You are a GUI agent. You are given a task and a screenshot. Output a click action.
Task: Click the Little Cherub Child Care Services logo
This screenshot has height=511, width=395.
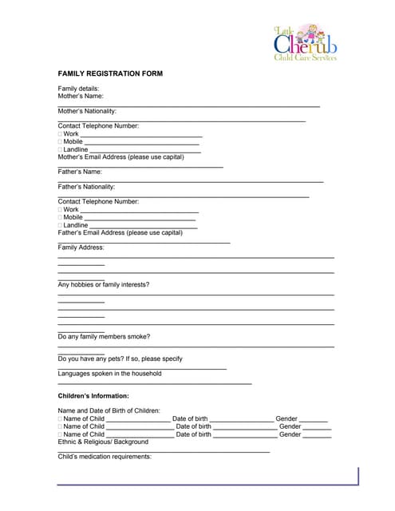point(306,42)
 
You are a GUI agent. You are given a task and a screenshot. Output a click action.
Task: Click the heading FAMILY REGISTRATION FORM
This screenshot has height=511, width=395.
point(110,73)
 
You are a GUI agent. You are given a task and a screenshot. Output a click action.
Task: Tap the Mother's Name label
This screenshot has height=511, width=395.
point(81,96)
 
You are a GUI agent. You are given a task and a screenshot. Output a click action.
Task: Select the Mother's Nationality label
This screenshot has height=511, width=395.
point(87,111)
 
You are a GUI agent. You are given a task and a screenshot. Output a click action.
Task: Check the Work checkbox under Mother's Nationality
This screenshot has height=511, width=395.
point(60,134)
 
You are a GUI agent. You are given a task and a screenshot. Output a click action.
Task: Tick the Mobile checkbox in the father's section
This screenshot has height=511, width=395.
point(60,217)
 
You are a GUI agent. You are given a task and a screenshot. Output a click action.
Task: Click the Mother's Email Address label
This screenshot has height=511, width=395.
point(120,156)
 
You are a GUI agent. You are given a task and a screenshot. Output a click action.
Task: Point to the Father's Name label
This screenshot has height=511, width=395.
point(80,172)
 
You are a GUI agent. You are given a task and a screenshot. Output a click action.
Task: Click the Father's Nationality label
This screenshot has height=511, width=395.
point(86,187)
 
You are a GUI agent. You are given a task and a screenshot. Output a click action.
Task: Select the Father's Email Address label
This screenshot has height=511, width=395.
point(120,232)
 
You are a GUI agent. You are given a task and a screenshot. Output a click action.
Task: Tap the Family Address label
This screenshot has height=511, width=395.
point(81,248)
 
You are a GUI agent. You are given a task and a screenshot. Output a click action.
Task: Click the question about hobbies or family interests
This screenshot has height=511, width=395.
point(104,284)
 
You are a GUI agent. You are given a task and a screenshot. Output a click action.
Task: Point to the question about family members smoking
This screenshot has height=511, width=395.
point(104,337)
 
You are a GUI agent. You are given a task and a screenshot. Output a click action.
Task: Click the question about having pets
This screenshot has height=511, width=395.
point(120,358)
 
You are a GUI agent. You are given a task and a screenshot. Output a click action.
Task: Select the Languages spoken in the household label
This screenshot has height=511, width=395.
point(109,374)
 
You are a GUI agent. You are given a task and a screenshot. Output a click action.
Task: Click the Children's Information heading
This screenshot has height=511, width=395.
point(93,396)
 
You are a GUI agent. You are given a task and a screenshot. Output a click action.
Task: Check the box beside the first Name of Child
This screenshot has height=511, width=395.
point(60,419)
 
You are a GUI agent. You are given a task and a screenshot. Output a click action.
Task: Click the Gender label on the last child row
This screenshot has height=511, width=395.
point(290,434)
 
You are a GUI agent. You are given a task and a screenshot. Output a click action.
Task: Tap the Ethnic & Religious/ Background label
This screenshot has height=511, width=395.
point(103,442)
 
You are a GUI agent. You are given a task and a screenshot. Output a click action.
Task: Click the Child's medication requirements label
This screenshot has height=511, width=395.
point(105,457)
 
